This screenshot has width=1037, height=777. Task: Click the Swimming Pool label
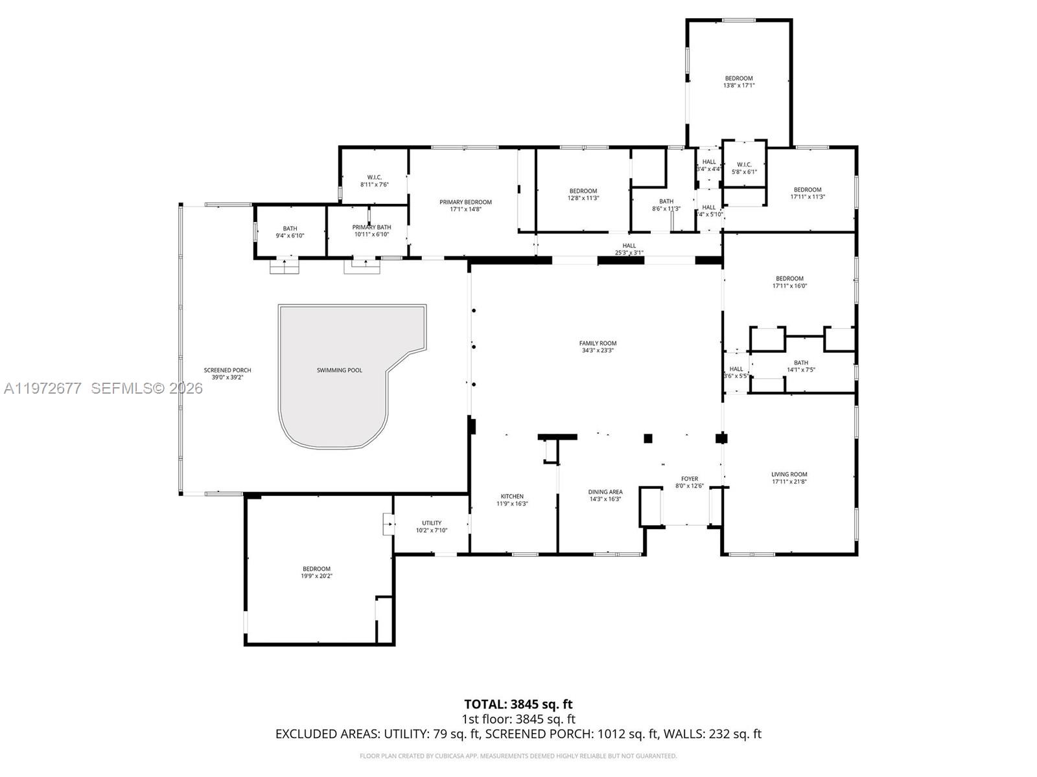(339, 370)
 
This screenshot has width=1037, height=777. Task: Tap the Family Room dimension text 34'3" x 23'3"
(598, 350)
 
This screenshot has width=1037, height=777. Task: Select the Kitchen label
(512, 497)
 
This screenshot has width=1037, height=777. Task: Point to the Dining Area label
(605, 492)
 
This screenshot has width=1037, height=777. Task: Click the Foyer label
(690, 479)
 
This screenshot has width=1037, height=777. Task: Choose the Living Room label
(789, 475)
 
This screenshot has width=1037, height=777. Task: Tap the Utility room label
(432, 523)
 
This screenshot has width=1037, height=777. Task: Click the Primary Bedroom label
(465, 202)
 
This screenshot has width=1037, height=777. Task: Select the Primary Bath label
(371, 227)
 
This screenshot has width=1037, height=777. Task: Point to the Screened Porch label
(227, 370)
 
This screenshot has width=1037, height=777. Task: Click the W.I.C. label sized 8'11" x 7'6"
(375, 177)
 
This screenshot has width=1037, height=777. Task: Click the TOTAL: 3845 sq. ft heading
(518, 704)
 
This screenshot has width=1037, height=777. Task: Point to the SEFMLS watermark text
(146, 388)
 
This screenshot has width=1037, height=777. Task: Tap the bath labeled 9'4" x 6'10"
(290, 229)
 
